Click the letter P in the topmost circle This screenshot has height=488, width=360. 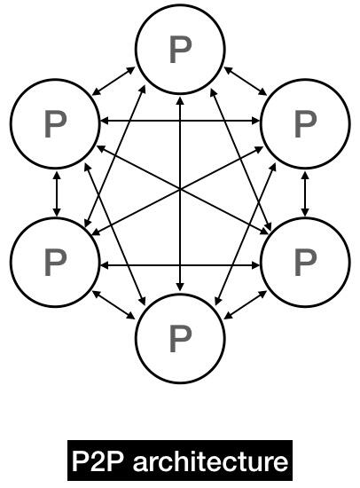coord(180,50)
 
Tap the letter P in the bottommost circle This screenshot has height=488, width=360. coord(180,339)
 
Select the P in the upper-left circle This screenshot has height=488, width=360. coord(55,124)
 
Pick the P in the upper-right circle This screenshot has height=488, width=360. coord(305,124)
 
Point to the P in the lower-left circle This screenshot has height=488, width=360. coord(55,263)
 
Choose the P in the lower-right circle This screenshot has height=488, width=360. coord(305,263)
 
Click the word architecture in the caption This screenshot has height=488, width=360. coord(210,460)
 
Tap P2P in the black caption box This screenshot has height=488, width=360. coord(99,460)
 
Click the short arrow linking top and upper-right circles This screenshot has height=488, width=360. coord(246,81)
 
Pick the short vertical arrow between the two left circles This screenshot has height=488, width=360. coord(57,193)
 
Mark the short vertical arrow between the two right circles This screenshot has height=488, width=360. coord(305,193)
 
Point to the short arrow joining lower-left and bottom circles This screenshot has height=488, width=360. coord(113,305)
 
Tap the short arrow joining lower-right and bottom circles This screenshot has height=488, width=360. coord(246,305)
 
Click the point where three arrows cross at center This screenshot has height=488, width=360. coord(180,189)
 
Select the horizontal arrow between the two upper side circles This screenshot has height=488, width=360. coord(180,121)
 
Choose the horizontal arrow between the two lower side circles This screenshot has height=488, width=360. coord(180,265)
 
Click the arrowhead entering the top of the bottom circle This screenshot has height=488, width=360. coord(180,287)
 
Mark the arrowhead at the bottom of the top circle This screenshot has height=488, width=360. coord(180,100)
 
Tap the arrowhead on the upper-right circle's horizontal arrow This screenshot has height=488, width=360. coord(256,121)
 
